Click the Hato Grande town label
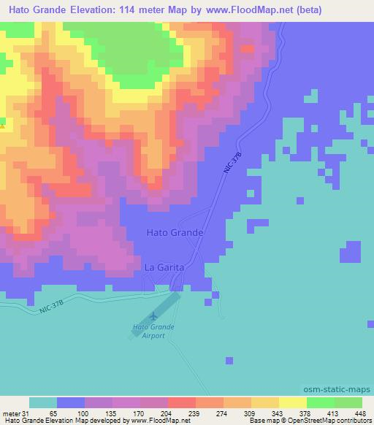[x=173, y=232]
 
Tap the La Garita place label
[x=164, y=268]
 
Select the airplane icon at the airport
[x=153, y=316]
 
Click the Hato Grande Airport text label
[x=149, y=331]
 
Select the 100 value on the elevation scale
[x=72, y=413]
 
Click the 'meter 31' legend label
[x=13, y=413]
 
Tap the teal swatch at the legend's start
[x=43, y=402]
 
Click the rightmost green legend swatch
[x=348, y=402]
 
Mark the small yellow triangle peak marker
[x=3, y=126]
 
